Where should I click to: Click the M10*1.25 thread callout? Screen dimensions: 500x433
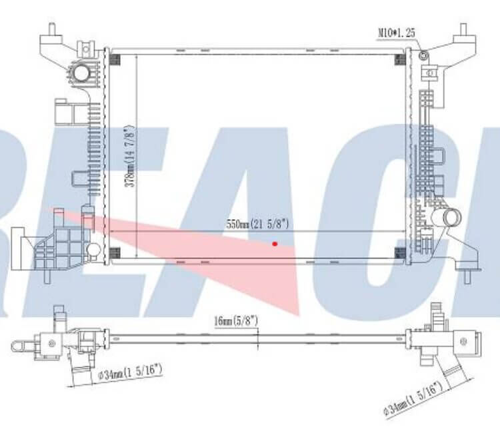[397, 33]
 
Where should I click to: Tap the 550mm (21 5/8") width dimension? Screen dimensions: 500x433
[257, 224]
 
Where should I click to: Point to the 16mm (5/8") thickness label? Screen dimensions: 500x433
[236, 320]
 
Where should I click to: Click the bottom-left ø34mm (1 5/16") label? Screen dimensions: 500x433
[130, 372]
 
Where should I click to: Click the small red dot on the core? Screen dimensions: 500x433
[275, 244]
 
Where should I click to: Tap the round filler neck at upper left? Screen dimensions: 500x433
[81, 73]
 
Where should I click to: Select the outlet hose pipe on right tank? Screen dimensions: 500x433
[447, 218]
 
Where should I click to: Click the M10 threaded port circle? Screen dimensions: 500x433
[424, 56]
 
